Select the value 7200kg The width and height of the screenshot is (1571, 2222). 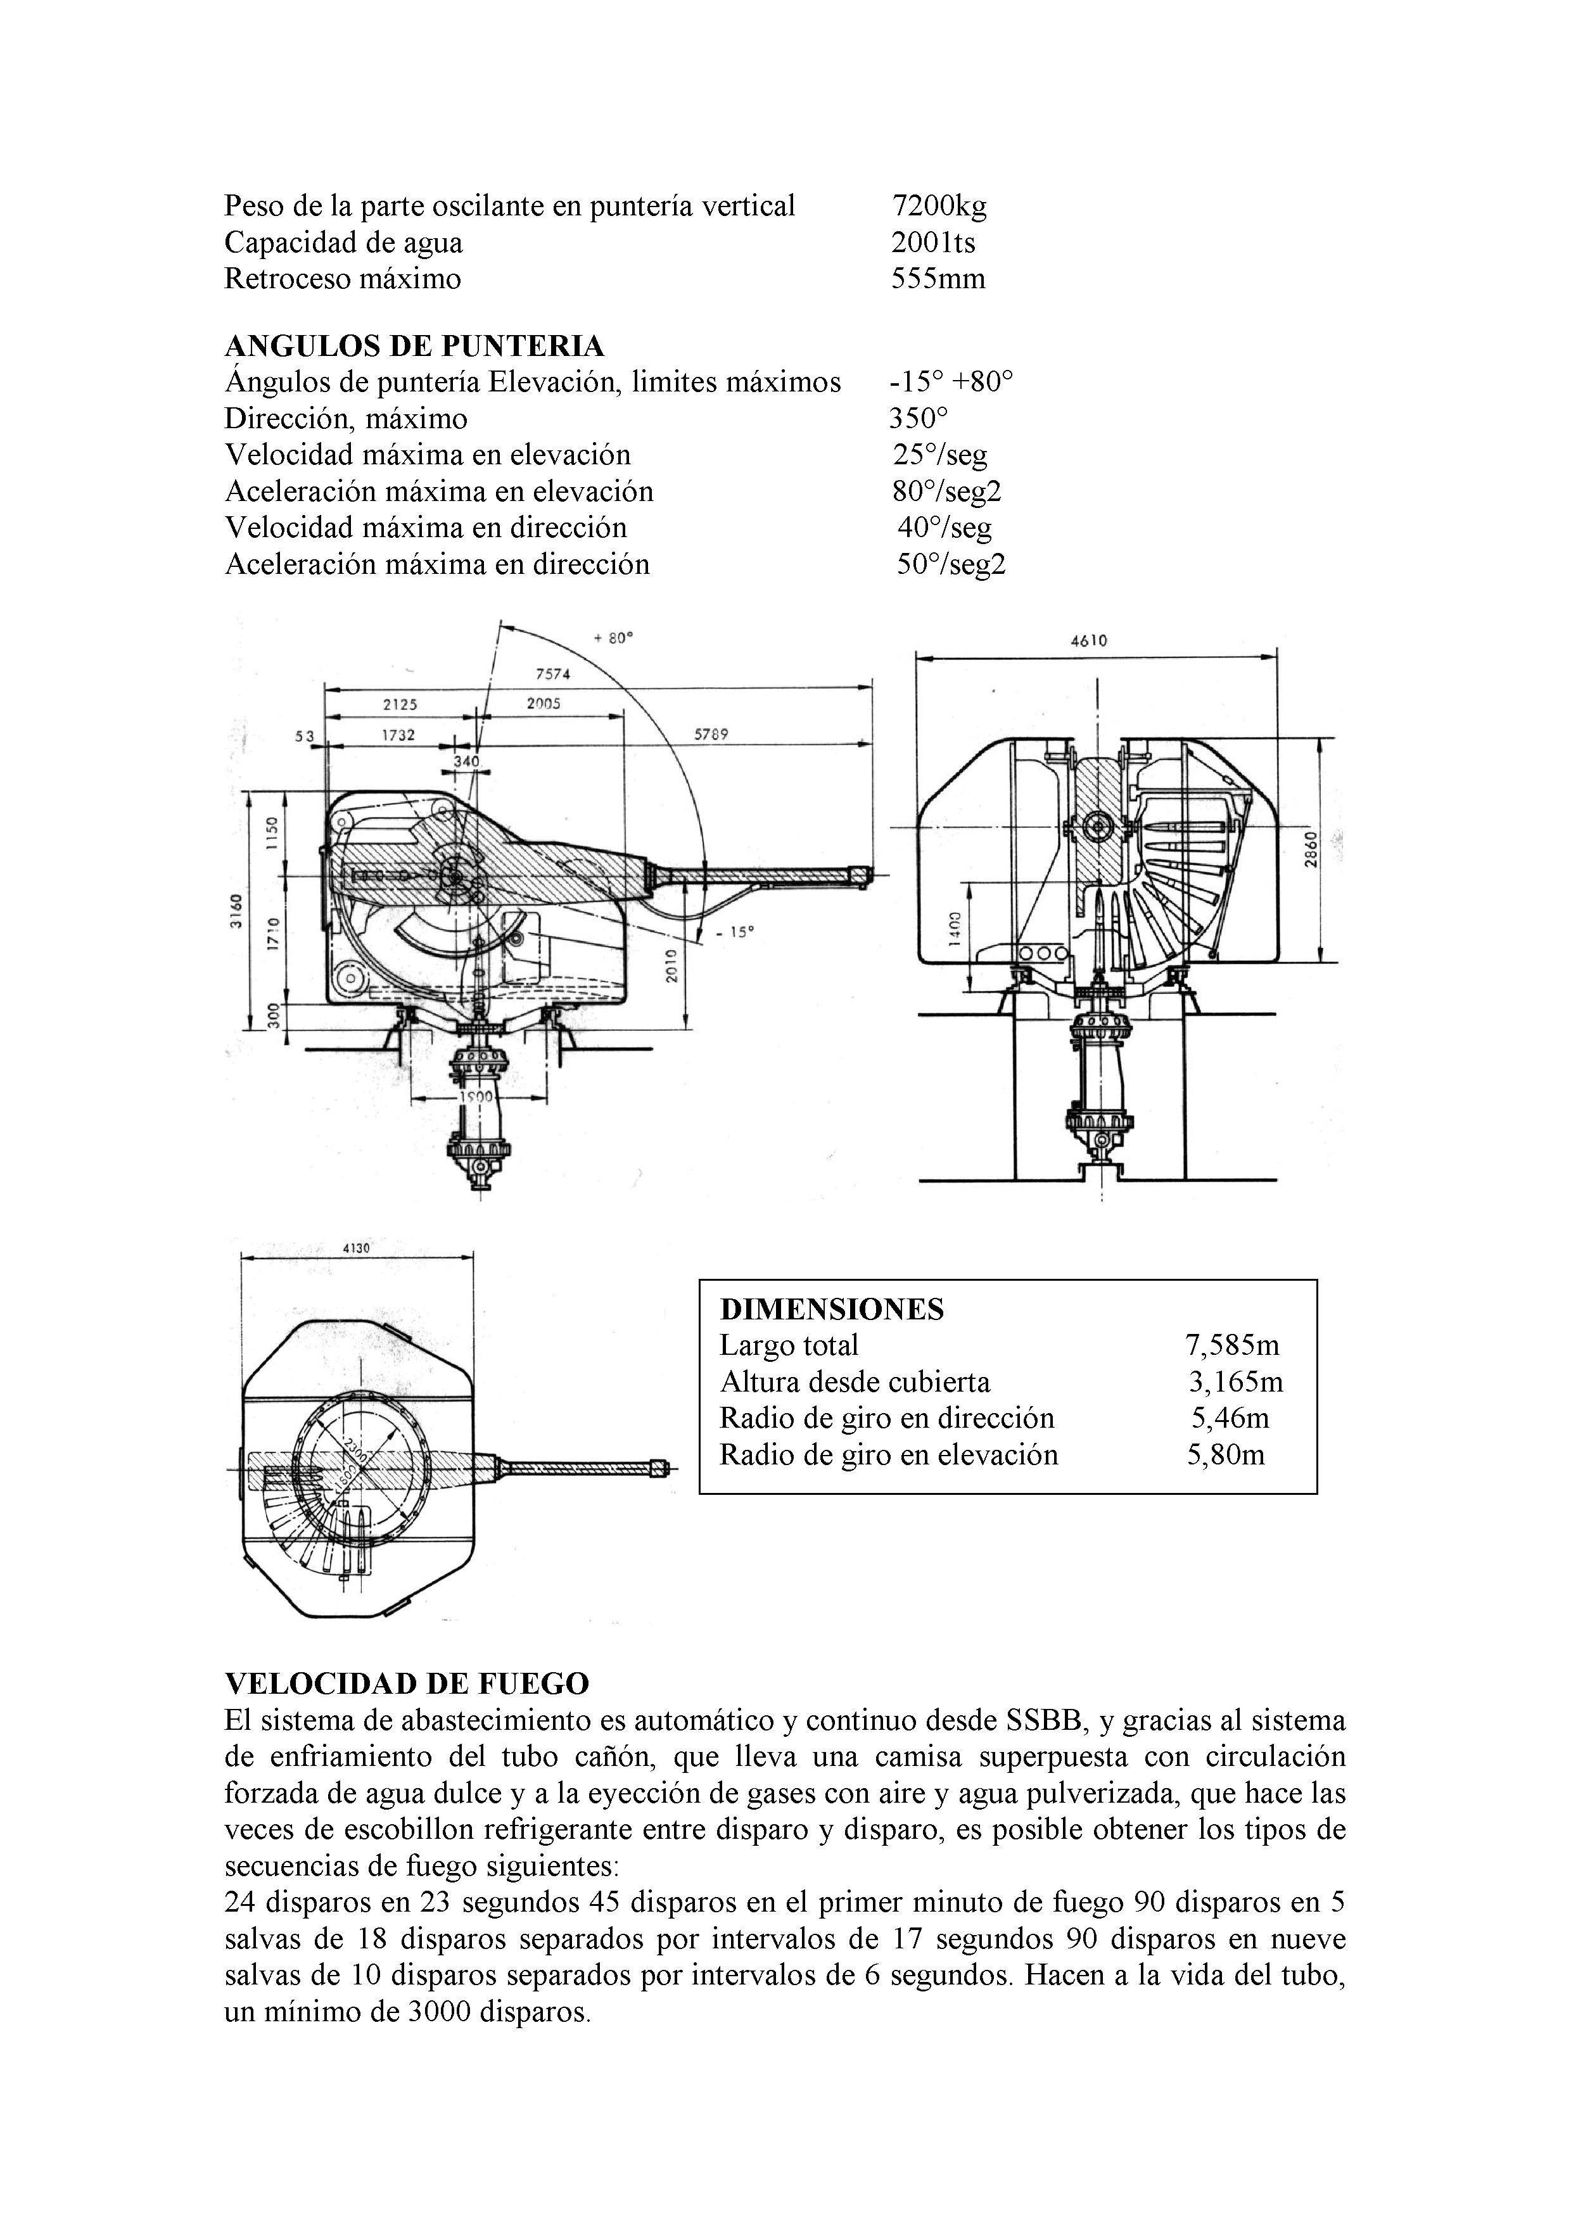click(x=939, y=205)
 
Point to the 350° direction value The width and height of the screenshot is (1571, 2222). click(x=919, y=419)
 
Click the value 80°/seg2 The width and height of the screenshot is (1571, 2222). click(x=946, y=492)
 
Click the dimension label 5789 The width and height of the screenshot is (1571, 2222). click(x=711, y=735)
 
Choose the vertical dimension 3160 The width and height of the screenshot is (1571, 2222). click(x=234, y=911)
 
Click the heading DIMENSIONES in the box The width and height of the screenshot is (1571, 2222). click(x=832, y=1309)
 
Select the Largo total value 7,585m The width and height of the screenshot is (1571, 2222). click(x=1231, y=1345)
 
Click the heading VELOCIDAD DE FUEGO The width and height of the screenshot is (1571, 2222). click(x=407, y=1684)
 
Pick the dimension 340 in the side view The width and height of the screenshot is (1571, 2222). click(x=467, y=761)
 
